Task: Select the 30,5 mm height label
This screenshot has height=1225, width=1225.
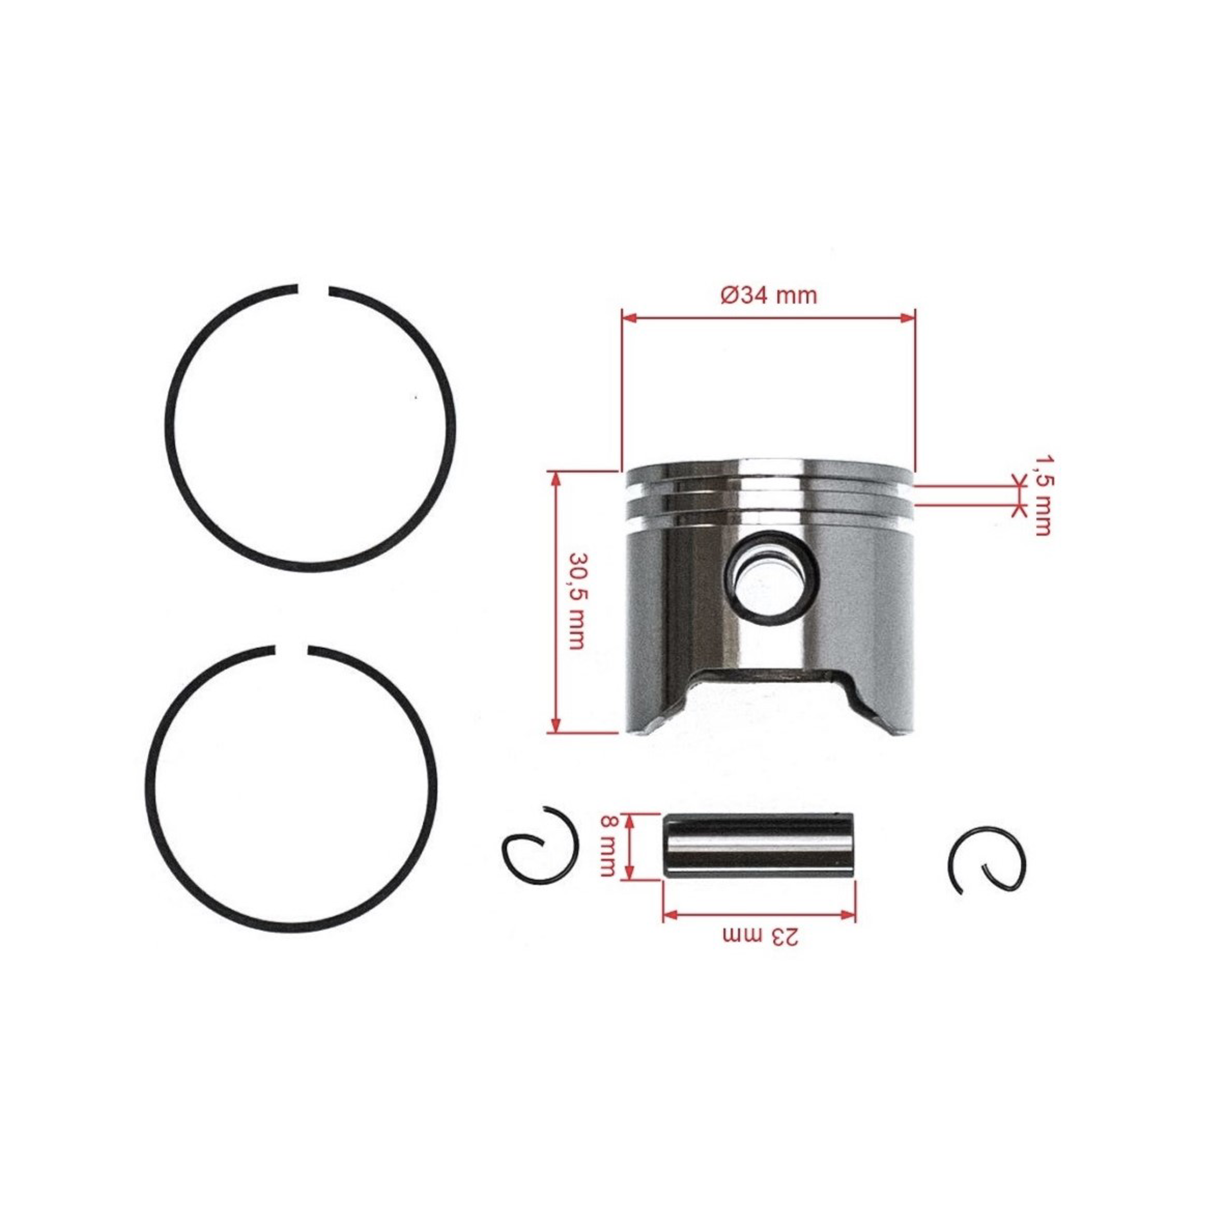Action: pos(576,600)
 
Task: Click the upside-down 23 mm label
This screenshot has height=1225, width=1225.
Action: pos(761,936)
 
